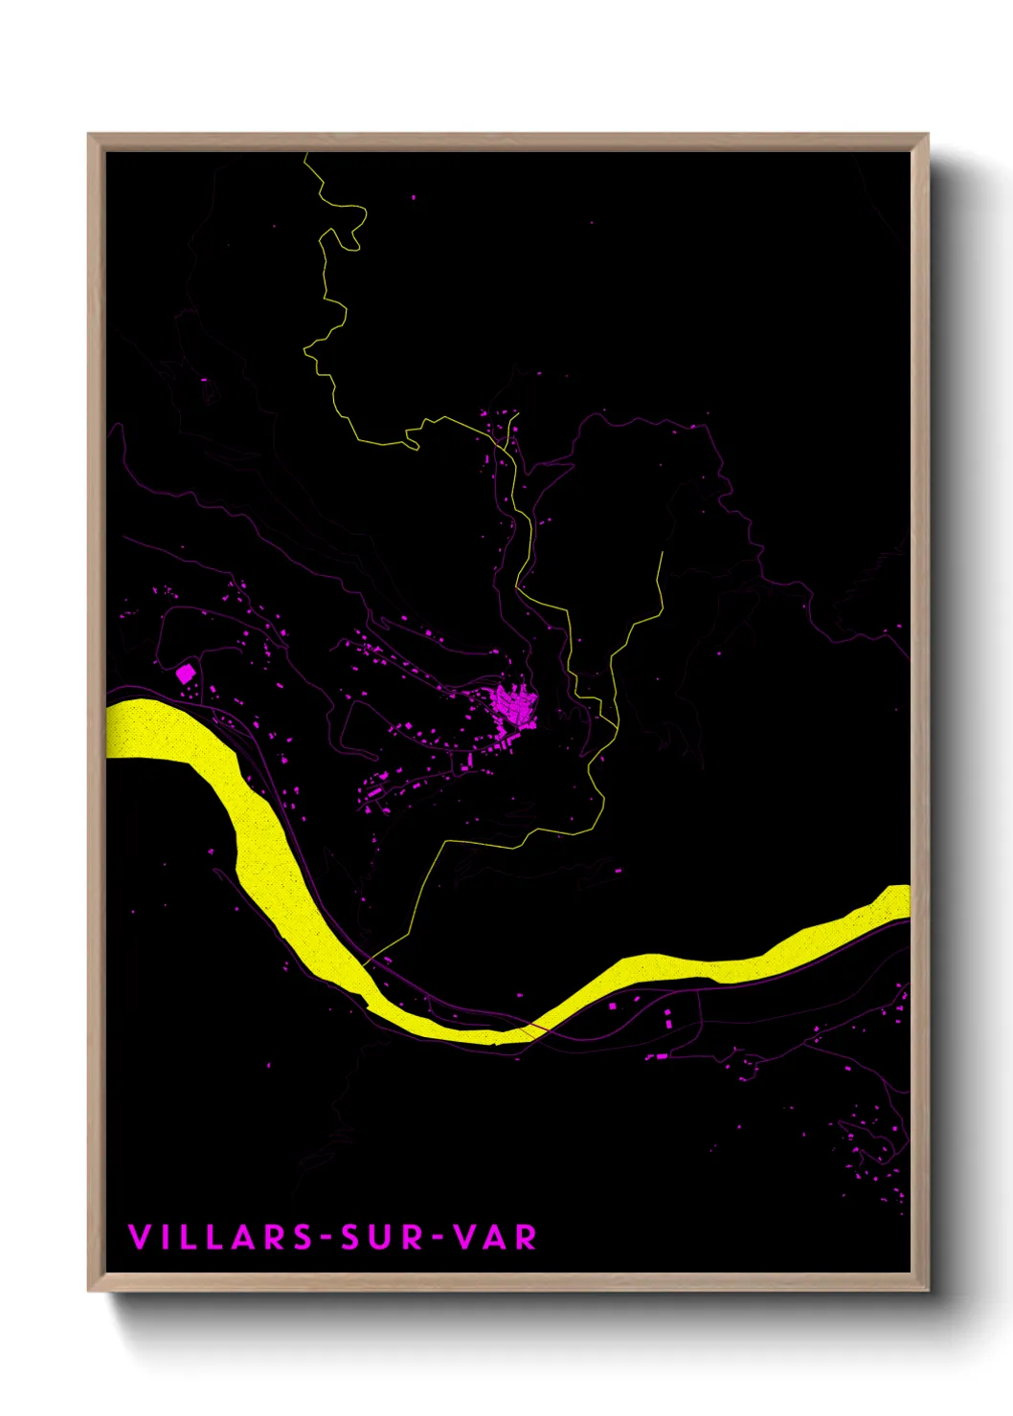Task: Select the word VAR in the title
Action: pyautogui.click(x=495, y=1237)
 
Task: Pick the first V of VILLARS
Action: pyautogui.click(x=139, y=1237)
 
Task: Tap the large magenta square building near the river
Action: pyautogui.click(x=186, y=674)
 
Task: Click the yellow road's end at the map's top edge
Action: pyautogui.click(x=305, y=155)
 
